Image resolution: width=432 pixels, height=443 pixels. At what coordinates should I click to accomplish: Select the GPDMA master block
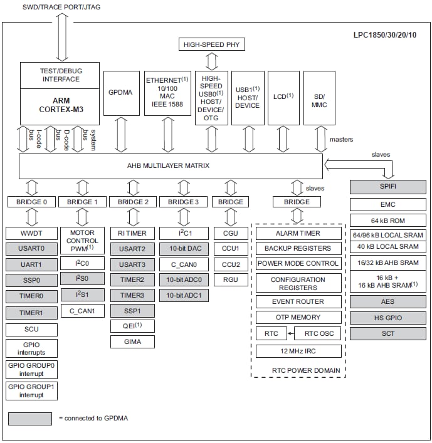[x=120, y=92]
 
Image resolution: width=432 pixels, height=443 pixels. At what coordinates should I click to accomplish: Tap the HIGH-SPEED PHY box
[x=211, y=44]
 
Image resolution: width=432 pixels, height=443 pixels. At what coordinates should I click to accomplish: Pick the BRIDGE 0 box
[x=31, y=202]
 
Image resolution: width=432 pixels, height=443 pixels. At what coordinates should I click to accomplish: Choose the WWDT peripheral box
[x=31, y=233]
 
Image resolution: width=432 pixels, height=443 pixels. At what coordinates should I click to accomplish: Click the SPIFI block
[x=388, y=187]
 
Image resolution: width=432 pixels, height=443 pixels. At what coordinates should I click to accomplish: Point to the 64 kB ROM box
[x=388, y=220]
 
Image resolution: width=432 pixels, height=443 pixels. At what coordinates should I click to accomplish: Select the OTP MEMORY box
[x=298, y=317]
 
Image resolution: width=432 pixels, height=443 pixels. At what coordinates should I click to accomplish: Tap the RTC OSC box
[x=319, y=333]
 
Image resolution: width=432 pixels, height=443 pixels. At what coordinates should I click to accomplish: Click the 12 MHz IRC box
[x=298, y=351]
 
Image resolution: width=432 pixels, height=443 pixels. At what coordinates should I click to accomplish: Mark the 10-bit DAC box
[x=183, y=249]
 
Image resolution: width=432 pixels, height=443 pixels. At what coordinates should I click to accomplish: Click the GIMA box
[x=132, y=341]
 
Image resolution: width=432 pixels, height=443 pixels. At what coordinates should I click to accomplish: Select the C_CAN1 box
[x=82, y=310]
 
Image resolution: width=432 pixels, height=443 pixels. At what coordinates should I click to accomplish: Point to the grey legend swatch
[x=30, y=418]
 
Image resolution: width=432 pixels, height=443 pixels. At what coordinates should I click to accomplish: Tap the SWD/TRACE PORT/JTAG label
[x=61, y=7]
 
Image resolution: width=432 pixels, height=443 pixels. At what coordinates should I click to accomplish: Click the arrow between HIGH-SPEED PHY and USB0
[x=211, y=61]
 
